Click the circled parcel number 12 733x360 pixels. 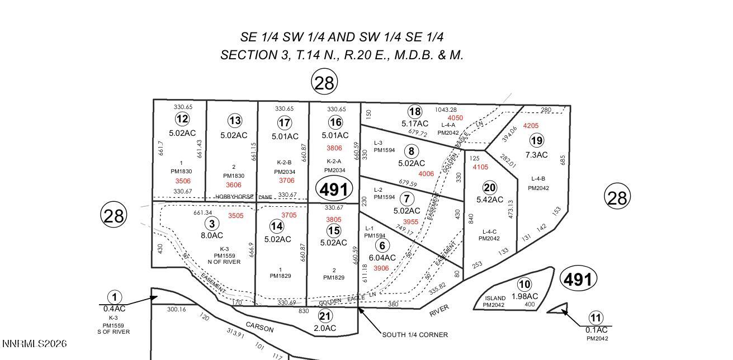[182, 119]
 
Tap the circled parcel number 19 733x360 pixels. [536, 140]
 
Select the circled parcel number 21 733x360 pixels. [325, 316]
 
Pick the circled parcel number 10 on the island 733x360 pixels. [524, 285]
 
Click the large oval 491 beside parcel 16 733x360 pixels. [335, 190]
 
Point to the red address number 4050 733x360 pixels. [455, 118]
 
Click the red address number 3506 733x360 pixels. [183, 181]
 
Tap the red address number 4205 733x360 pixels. [531, 126]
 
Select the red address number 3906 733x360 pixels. [381, 268]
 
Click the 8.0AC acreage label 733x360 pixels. [212, 236]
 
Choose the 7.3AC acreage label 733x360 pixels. [536, 155]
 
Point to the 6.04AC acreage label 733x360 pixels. [382, 258]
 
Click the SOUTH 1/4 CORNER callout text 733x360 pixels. [415, 335]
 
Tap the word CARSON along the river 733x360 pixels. [259, 326]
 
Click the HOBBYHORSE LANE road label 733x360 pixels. [244, 197]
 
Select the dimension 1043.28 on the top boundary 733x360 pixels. [446, 110]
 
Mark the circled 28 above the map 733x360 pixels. [324, 83]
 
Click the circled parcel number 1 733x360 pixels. [114, 297]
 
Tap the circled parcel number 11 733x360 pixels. [596, 319]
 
